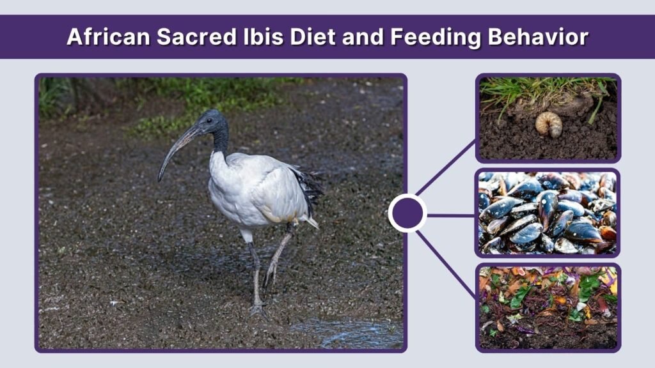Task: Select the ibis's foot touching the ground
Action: tap(258, 310)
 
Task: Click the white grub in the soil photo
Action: tap(548, 124)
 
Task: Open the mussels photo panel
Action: tap(548, 213)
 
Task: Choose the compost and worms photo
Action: tap(548, 307)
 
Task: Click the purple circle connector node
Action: tap(407, 213)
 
